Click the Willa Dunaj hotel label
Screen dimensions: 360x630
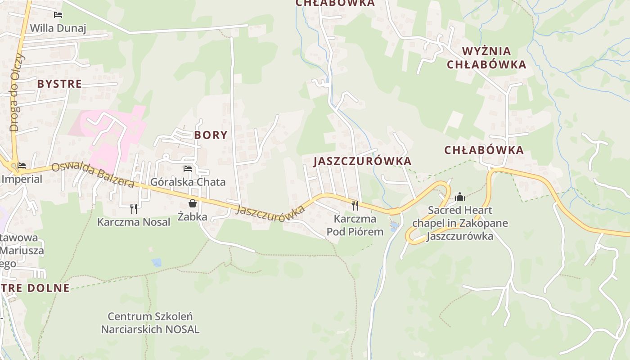pos(58,28)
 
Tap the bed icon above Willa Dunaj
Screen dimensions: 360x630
pos(58,15)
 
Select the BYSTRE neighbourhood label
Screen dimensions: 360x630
pos(59,84)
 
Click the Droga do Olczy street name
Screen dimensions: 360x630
pos(16,92)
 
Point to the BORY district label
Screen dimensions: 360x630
pos(211,135)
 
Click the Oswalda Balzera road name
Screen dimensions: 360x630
pos(92,175)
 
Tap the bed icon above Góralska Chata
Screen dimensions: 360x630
pos(188,169)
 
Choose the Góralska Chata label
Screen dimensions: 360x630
pos(188,182)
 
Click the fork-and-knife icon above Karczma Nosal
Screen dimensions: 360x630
pos(134,208)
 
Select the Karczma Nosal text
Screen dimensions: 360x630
pos(134,222)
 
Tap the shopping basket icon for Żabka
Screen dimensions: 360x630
pos(193,203)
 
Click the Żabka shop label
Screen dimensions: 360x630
pos(193,217)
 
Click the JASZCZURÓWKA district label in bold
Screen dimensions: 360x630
pos(362,161)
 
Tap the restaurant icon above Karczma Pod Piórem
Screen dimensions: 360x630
pos(355,206)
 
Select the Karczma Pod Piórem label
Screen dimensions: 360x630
pos(355,225)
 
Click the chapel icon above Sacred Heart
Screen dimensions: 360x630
pos(459,197)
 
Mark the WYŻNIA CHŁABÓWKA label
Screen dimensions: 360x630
pos(486,58)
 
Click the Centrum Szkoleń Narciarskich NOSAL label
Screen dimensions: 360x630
pos(150,323)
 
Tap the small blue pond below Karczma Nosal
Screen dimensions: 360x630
pos(156,262)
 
